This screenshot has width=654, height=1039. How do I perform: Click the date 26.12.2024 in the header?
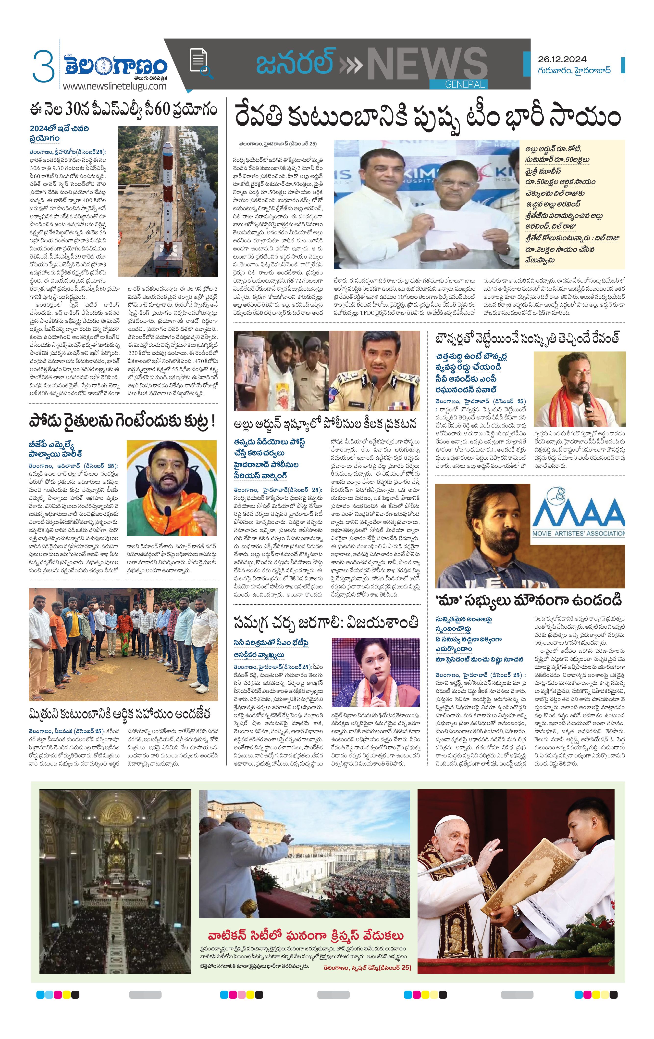(562, 59)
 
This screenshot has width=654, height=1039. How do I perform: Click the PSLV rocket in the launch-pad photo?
(167, 190)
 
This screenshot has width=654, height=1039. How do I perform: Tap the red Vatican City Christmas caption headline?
(306, 935)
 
